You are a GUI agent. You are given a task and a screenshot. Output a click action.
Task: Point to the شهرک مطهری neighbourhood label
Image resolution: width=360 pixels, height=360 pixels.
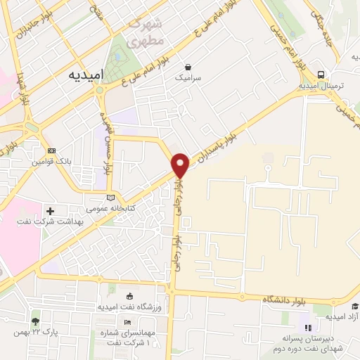pyautogui.click(x=145, y=32)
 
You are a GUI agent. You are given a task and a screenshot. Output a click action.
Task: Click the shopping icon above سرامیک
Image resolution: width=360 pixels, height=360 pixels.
pyautogui.click(x=188, y=65)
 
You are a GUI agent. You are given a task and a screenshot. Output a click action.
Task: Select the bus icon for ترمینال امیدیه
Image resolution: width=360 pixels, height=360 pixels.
pyautogui.click(x=321, y=74)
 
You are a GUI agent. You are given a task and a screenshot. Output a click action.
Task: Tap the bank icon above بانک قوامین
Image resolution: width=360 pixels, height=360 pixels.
pyautogui.click(x=51, y=150)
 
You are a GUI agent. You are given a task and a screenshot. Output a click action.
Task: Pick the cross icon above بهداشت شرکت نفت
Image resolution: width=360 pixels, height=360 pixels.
pyautogui.click(x=49, y=210)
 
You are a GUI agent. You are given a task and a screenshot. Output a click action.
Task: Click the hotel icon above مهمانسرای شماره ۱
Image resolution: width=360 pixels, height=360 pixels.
pyautogui.click(x=127, y=322)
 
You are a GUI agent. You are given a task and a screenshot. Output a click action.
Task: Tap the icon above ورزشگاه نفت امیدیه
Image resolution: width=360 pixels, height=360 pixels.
pyautogui.click(x=128, y=296)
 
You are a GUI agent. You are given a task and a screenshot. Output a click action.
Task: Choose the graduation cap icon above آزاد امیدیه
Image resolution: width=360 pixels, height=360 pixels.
pyautogui.click(x=355, y=306)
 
